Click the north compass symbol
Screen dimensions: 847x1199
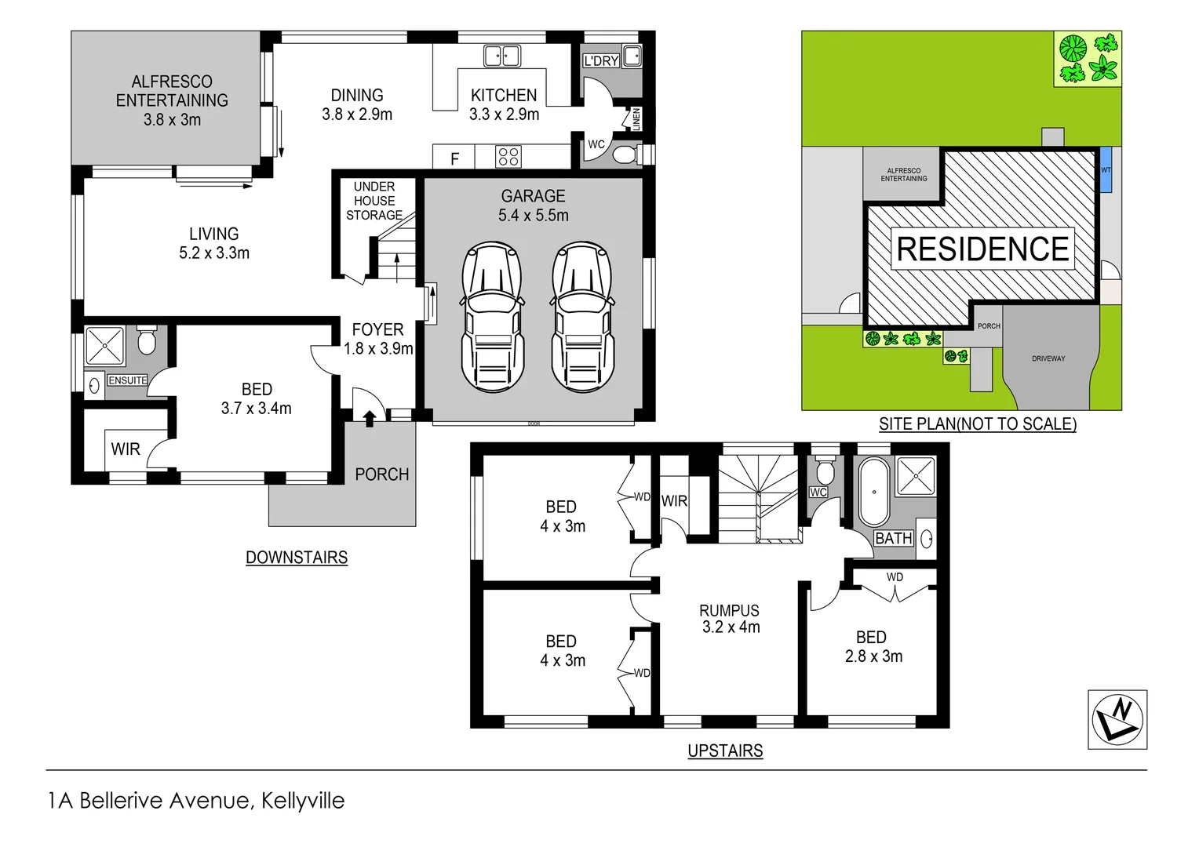(x=1117, y=719)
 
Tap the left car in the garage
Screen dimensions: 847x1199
(x=492, y=317)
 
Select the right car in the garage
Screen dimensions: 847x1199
(x=581, y=317)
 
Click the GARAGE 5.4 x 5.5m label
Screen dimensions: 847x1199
(x=534, y=205)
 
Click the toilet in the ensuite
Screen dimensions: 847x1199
(x=147, y=341)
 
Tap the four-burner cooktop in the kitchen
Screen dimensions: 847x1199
(x=508, y=157)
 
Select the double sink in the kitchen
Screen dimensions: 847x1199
(x=502, y=56)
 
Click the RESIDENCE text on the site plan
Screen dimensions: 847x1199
(x=982, y=249)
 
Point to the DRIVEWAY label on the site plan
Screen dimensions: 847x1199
(x=1048, y=358)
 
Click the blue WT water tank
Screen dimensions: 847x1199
(x=1106, y=169)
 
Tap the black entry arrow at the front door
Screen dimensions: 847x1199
(x=369, y=417)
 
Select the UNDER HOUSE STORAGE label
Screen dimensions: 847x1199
(x=374, y=201)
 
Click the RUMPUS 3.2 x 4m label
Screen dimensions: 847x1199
(x=730, y=619)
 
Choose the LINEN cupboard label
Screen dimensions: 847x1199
(x=636, y=119)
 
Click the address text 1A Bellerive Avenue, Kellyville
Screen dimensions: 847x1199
(x=196, y=801)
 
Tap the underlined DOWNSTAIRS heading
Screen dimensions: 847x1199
(x=297, y=558)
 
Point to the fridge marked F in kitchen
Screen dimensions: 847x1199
(x=454, y=158)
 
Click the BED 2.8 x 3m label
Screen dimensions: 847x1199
(x=873, y=647)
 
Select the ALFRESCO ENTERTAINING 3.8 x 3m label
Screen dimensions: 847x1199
(x=172, y=100)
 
